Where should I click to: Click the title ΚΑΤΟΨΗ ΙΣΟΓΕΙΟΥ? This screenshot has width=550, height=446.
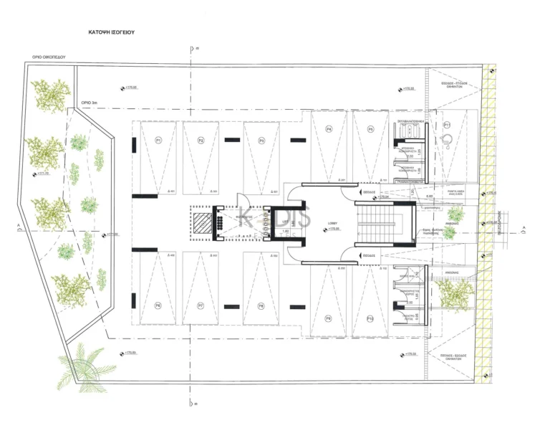[x=112, y=33]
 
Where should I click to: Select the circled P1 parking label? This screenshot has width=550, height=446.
[x=158, y=141]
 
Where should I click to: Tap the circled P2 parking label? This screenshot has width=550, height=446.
[x=201, y=141]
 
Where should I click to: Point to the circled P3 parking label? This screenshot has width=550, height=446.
[x=261, y=141]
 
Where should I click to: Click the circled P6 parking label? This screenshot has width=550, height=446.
[x=158, y=305]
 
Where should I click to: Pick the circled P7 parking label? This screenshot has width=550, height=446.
[x=201, y=305]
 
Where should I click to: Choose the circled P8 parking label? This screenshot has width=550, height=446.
[x=261, y=305]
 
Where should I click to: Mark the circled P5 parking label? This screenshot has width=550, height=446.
[x=370, y=130]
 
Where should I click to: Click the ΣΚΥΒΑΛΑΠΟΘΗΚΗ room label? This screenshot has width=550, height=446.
[x=411, y=122]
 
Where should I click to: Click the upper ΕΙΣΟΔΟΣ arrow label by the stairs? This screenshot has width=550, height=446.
[x=370, y=193]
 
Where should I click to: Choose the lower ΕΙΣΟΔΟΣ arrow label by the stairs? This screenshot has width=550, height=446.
[x=370, y=255]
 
